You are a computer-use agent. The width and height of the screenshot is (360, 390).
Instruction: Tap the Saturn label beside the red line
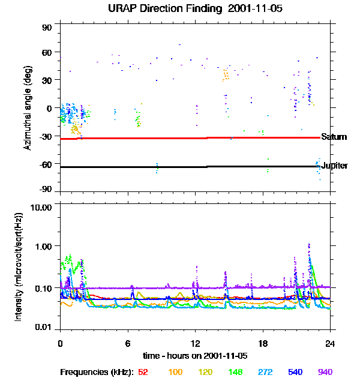tap(334, 137)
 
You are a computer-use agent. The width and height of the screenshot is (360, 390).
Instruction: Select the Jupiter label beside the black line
tap(334, 166)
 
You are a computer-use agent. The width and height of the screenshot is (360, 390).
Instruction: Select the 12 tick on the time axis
tap(195, 344)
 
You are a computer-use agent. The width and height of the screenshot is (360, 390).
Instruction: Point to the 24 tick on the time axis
tap(330, 344)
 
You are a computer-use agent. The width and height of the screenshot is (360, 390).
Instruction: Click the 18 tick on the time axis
tap(263, 344)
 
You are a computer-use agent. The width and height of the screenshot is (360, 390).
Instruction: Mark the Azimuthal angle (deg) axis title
tap(28, 109)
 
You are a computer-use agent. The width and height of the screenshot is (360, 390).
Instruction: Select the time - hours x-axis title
tap(195, 355)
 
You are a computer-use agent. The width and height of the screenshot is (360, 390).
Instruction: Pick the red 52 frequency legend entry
tap(143, 372)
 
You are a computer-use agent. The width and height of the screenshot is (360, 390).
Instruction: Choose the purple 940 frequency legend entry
tap(325, 372)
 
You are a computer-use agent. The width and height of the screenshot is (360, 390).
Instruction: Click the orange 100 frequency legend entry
tap(175, 372)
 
